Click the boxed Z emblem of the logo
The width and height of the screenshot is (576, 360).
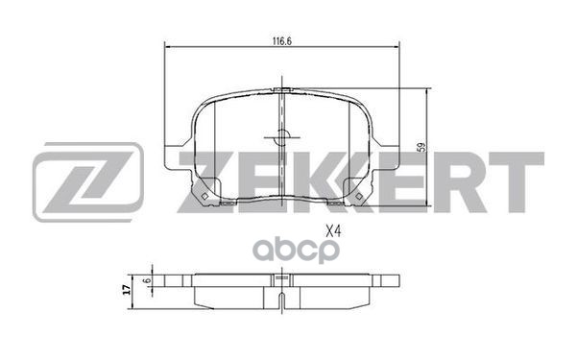click(87, 181)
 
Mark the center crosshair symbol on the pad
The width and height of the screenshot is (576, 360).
click(279, 135)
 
